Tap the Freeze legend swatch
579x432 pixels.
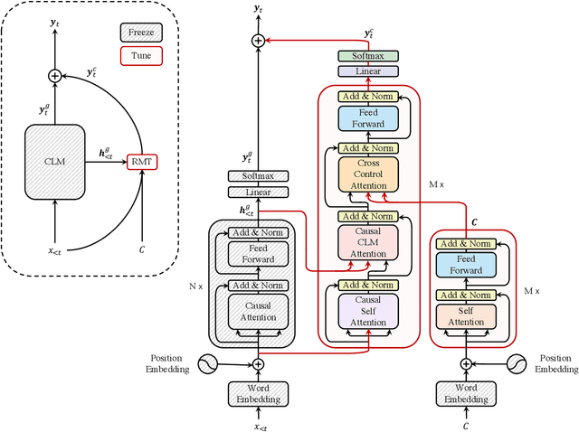coord(132,34)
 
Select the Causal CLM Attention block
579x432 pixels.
coord(361,242)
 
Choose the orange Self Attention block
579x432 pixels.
coord(466,315)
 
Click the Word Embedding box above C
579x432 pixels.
coord(466,394)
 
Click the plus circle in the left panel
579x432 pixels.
coord(55,76)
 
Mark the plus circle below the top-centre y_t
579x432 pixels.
coord(258,41)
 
